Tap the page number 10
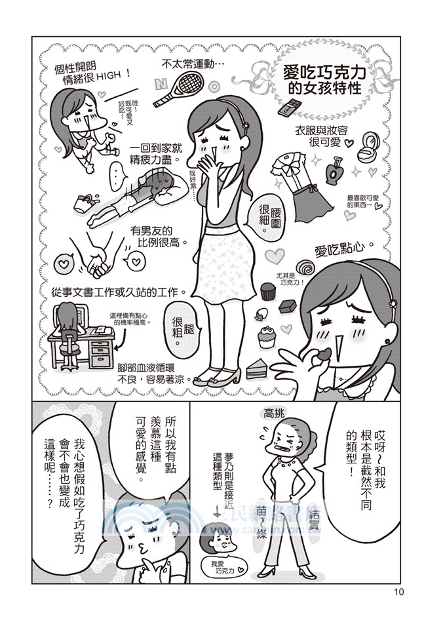click(x=400, y=593)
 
